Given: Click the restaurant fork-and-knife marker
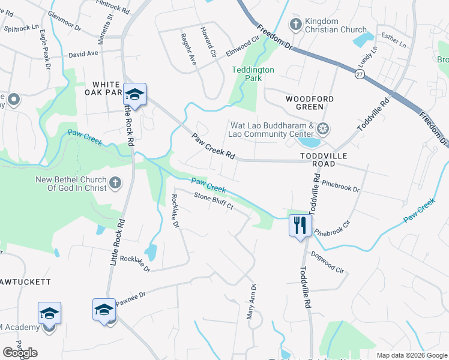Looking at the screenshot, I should (300, 226).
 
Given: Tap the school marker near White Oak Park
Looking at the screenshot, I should (134, 94).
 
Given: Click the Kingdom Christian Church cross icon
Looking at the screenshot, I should (295, 25).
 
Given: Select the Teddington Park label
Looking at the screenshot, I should (253, 74).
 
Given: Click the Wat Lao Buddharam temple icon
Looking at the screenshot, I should (323, 128).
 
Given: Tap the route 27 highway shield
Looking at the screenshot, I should (360, 73).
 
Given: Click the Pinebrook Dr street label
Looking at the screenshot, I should (340, 185).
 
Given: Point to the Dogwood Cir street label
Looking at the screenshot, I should (328, 262).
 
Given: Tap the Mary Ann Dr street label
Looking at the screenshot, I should (253, 301).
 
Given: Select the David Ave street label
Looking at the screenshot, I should (83, 53).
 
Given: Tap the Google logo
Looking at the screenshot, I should (20, 352).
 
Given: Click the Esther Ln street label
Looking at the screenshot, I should (394, 41).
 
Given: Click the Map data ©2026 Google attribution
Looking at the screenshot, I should (411, 355).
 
